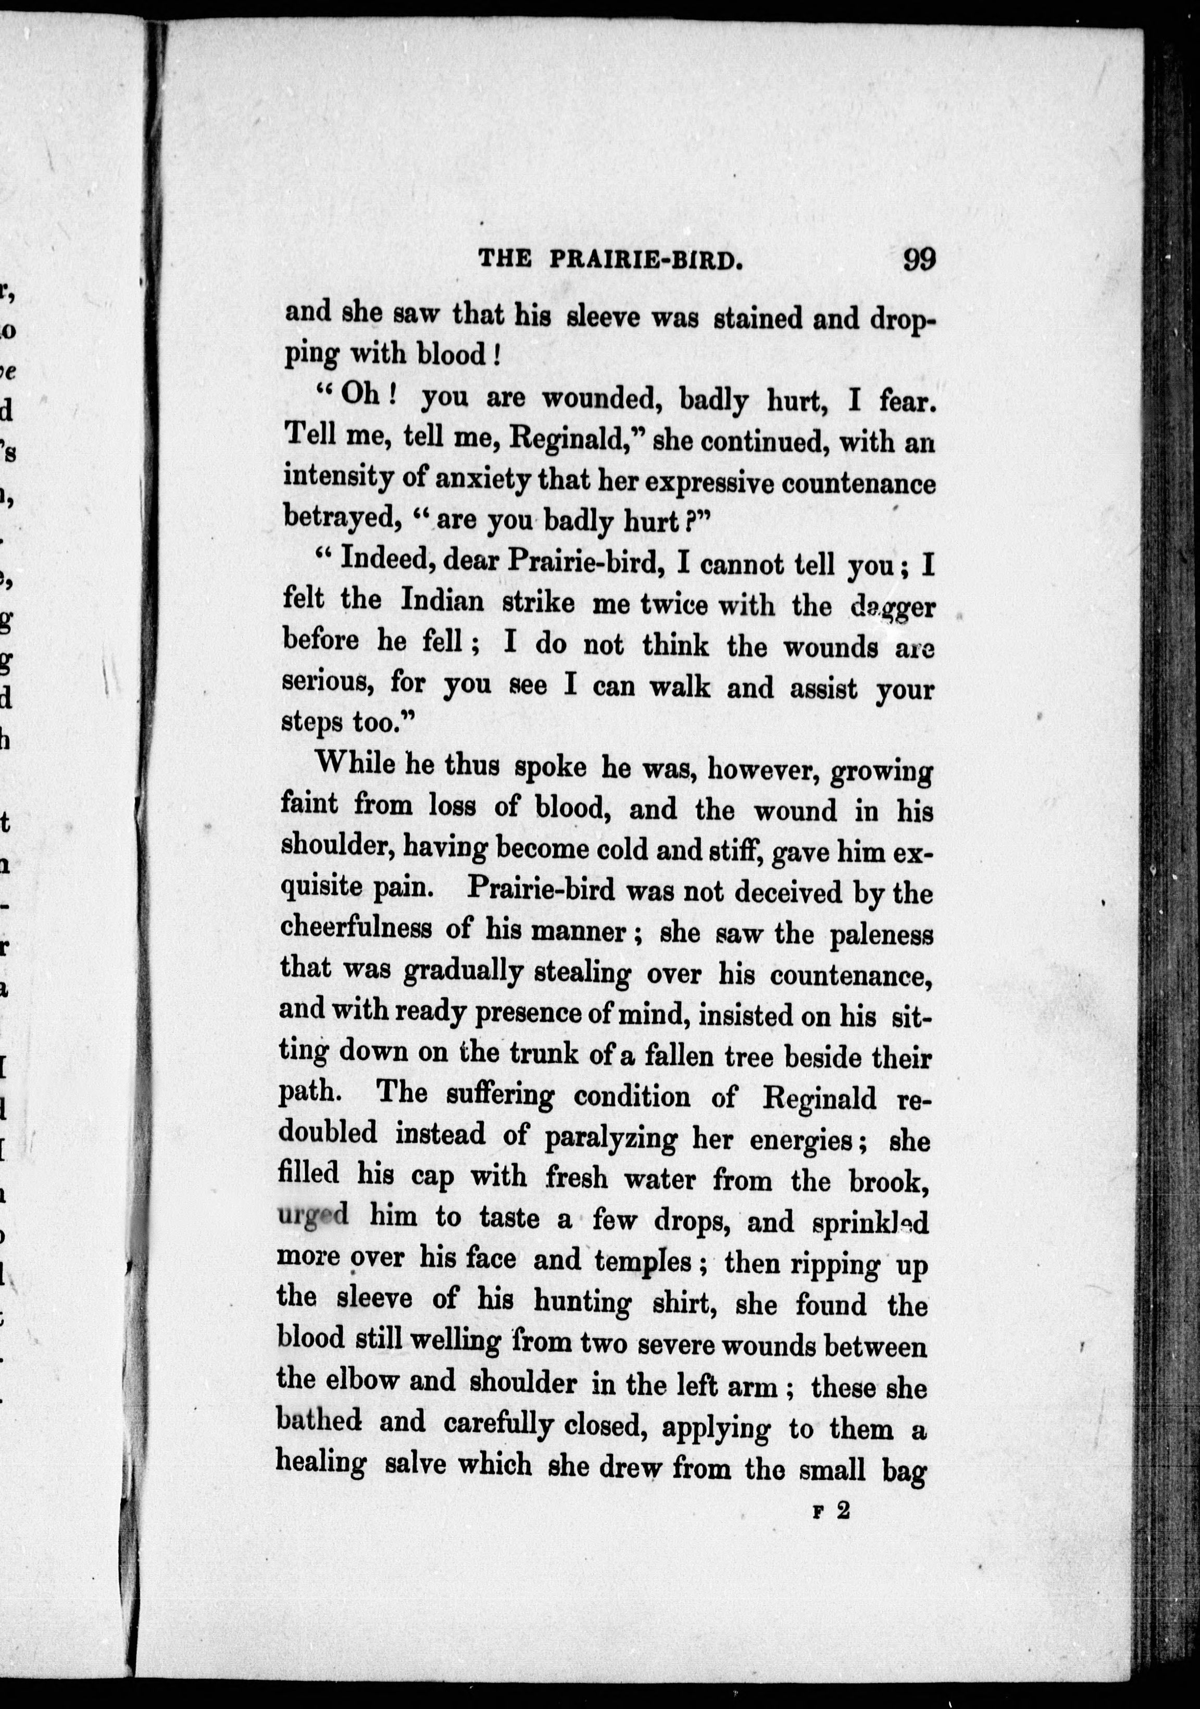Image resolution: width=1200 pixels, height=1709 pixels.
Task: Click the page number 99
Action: click(919, 260)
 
